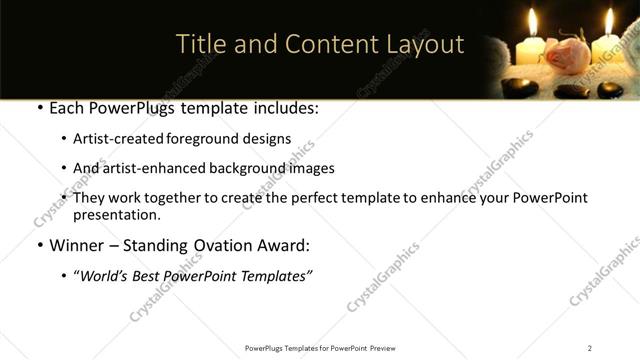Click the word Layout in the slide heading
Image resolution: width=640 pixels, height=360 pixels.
click(425, 45)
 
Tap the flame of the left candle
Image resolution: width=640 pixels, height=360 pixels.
click(533, 21)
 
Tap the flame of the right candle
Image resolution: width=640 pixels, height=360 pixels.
click(608, 20)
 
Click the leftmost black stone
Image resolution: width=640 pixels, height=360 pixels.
click(520, 87)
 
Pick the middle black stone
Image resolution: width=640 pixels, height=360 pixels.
click(571, 91)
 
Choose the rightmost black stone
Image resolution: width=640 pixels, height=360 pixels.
click(610, 90)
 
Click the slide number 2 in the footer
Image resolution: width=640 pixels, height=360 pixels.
click(589, 347)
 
